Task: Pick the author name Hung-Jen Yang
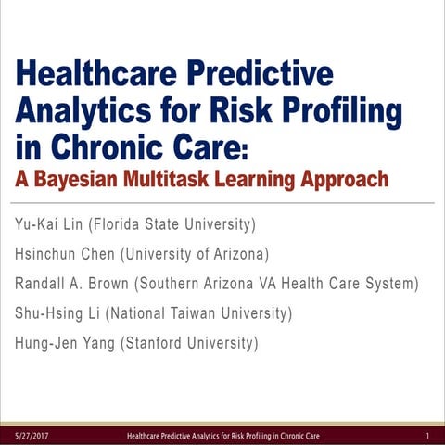pyautogui.click(x=61, y=343)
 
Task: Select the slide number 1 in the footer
pyautogui.click(x=426, y=435)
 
